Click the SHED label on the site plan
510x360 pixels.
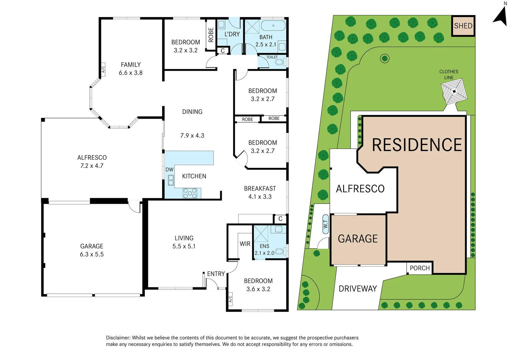tap(463, 26)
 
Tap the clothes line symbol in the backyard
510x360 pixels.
tap(454, 91)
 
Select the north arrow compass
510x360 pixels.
tap(501, 15)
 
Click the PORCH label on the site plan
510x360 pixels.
tap(420, 268)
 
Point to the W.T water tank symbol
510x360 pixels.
tap(326, 224)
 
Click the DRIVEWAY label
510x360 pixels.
tap(358, 289)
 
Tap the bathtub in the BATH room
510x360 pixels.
tap(273, 26)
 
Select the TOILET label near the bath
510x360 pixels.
tap(272, 57)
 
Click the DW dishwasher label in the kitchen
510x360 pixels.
tap(169, 170)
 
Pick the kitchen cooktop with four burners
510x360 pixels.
tap(190, 193)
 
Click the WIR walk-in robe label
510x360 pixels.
tap(245, 244)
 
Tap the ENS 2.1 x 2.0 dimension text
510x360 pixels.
tap(265, 253)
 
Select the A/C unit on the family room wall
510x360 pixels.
tap(103, 69)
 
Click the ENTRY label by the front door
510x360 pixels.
tap(216, 274)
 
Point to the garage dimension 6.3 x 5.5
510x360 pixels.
tap(92, 254)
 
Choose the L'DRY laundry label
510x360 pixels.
tap(232, 34)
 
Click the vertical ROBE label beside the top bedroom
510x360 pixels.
tap(211, 35)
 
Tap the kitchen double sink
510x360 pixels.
tap(171, 180)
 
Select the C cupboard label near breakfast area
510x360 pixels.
tap(280, 219)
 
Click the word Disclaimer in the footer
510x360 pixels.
tap(118, 338)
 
